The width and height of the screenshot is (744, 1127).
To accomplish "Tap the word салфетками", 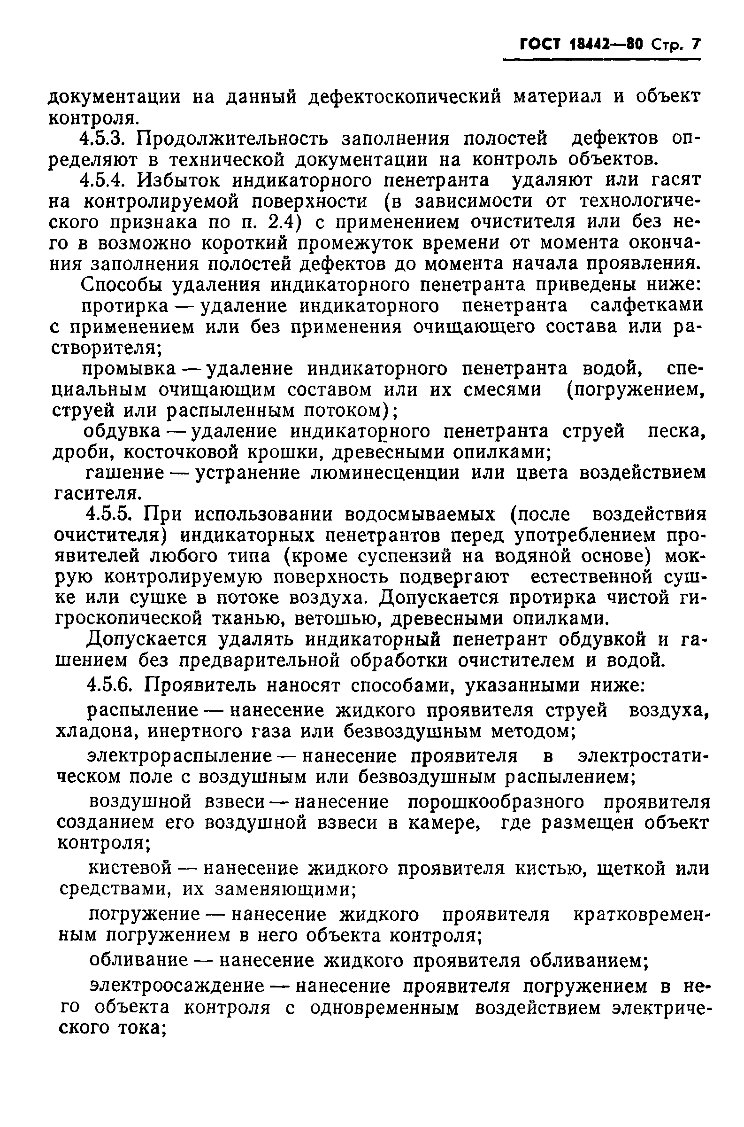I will pos(646,306).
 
